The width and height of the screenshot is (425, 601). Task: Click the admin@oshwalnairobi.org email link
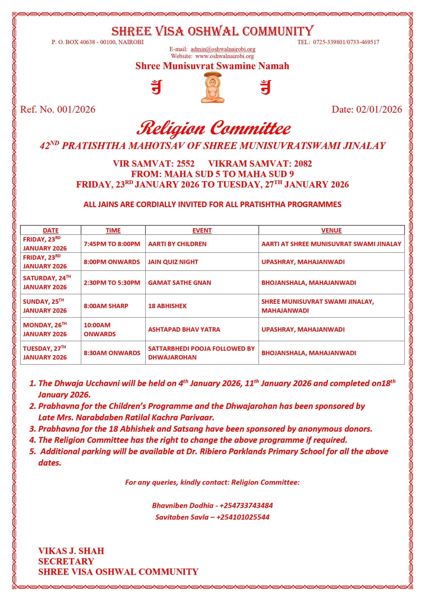[223, 49]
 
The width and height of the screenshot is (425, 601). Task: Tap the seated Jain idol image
[213, 88]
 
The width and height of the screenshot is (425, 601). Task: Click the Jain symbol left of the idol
[157, 87]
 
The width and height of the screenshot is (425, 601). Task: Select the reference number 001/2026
[76, 109]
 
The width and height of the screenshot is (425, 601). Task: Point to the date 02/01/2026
[379, 109]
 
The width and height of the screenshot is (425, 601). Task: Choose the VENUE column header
[331, 230]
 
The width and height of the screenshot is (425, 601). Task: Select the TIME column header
[113, 230]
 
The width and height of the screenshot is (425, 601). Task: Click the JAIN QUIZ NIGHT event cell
[173, 262]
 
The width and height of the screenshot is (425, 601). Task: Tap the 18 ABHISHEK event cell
[168, 306]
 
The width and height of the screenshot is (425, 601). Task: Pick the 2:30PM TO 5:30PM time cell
[112, 283]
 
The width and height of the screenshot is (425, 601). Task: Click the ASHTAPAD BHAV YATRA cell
[184, 329]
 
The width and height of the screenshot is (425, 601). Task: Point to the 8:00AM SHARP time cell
[106, 306]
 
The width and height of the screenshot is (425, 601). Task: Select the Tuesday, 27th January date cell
[45, 353]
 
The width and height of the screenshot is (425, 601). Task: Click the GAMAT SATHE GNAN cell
[179, 283]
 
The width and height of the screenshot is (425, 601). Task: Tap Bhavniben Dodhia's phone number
[246, 506]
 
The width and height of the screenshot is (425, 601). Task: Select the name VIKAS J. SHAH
[71, 551]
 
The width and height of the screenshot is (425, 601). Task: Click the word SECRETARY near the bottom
[66, 562]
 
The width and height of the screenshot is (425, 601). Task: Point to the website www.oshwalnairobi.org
[224, 56]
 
